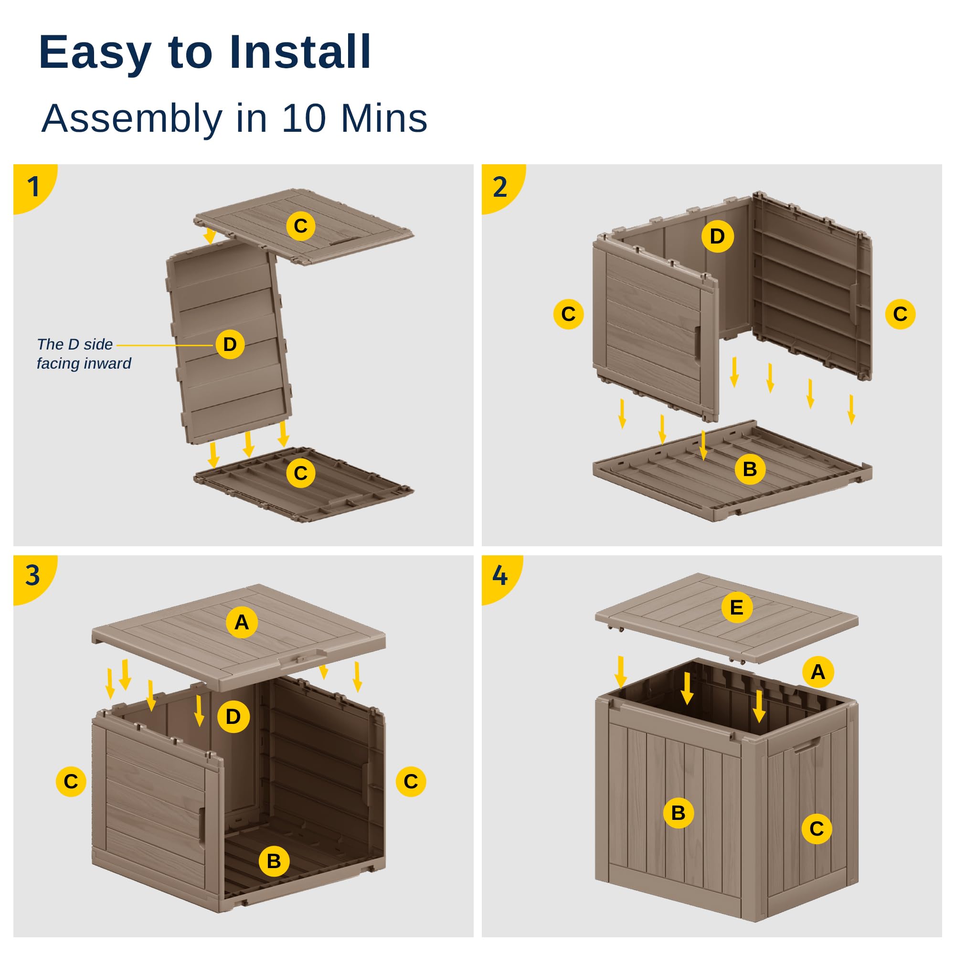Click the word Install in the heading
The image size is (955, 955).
click(x=300, y=52)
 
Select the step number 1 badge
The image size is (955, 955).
click(x=33, y=186)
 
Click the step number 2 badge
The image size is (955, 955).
click(x=500, y=186)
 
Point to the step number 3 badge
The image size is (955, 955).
click(x=32, y=575)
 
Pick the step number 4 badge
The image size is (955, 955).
click(x=500, y=575)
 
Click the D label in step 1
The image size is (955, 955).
click(x=230, y=344)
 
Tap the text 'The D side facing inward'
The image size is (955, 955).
click(x=84, y=353)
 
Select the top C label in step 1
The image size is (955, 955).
click(x=300, y=226)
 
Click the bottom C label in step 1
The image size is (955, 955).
click(x=300, y=473)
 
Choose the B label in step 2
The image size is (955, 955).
click(x=750, y=468)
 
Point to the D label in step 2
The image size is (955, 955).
click(x=717, y=236)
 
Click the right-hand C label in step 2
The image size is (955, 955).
click(x=900, y=314)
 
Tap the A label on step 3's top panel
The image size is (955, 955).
click(x=241, y=622)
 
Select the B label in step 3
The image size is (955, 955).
click(x=274, y=861)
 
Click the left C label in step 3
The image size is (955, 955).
click(x=71, y=781)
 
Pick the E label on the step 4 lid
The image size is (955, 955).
click(x=736, y=607)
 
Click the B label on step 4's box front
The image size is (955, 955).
click(x=678, y=813)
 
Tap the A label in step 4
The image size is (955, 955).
click(x=818, y=671)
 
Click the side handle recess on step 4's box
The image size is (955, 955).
click(x=807, y=746)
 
